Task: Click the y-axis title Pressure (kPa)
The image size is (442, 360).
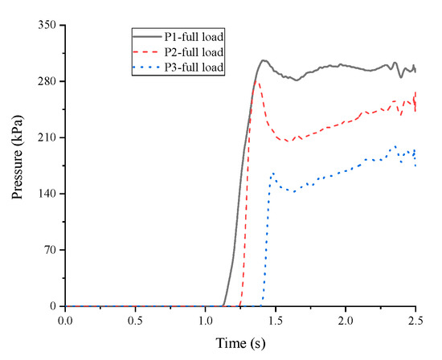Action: (17, 165)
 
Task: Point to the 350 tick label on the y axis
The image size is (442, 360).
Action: (47, 26)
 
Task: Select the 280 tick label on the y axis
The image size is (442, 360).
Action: (47, 82)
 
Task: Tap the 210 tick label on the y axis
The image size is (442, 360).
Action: (47, 138)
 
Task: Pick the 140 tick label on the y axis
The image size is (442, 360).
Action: (47, 194)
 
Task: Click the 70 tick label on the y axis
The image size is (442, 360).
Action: (50, 251)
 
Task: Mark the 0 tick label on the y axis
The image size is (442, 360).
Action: (53, 307)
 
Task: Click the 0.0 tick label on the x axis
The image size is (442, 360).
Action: (66, 321)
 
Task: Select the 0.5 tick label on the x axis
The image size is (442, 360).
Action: (136, 321)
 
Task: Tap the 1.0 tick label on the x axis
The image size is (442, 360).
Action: (206, 321)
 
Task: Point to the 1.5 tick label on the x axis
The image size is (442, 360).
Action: (276, 321)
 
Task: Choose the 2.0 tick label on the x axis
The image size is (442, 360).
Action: (346, 321)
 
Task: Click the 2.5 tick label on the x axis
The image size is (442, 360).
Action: (415, 321)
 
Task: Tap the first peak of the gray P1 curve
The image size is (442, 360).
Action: (262, 60)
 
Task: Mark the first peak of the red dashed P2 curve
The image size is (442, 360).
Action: (256, 81)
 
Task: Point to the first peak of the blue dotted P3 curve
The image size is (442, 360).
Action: (273, 173)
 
